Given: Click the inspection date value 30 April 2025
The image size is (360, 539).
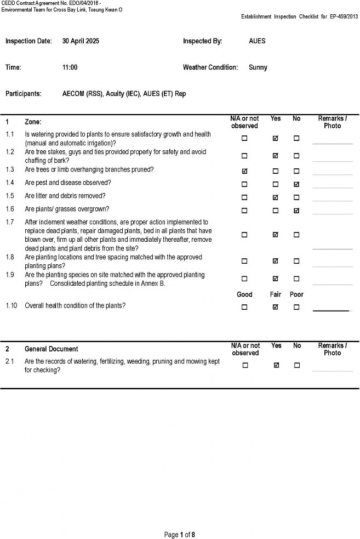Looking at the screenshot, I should pyautogui.click(x=81, y=41).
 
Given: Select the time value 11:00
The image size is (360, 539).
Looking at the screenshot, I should pyautogui.click(x=70, y=67).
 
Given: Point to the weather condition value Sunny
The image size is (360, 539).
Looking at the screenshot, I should pyautogui.click(x=258, y=67).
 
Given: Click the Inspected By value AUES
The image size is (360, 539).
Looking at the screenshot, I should pyautogui.click(x=257, y=41).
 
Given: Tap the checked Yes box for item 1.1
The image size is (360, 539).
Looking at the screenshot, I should pyautogui.click(x=276, y=139).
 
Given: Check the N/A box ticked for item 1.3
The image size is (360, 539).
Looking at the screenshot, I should pyautogui.click(x=244, y=171).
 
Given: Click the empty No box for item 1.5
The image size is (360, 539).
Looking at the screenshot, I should pyautogui.click(x=296, y=197).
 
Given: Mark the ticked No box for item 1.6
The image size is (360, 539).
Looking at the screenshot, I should pyautogui.click(x=296, y=211).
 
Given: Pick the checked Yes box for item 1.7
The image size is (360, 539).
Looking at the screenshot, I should pyautogui.click(x=276, y=235).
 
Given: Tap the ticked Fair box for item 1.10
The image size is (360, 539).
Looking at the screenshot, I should pyautogui.click(x=276, y=307).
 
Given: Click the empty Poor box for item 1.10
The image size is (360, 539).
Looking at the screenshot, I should pyautogui.click(x=296, y=307).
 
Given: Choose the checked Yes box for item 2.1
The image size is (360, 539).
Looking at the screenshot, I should pyautogui.click(x=276, y=365).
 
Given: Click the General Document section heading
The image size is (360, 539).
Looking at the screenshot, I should pyautogui.click(x=51, y=349).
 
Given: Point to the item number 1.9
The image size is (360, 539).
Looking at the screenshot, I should pyautogui.click(x=10, y=275).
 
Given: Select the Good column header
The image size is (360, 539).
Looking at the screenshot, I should pyautogui.click(x=244, y=294).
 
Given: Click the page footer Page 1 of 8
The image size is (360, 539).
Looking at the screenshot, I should pyautogui.click(x=180, y=535).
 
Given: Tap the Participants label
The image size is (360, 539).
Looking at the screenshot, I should pyautogui.click(x=24, y=94).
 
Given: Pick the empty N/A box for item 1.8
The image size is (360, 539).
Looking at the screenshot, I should pyautogui.click(x=244, y=261).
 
